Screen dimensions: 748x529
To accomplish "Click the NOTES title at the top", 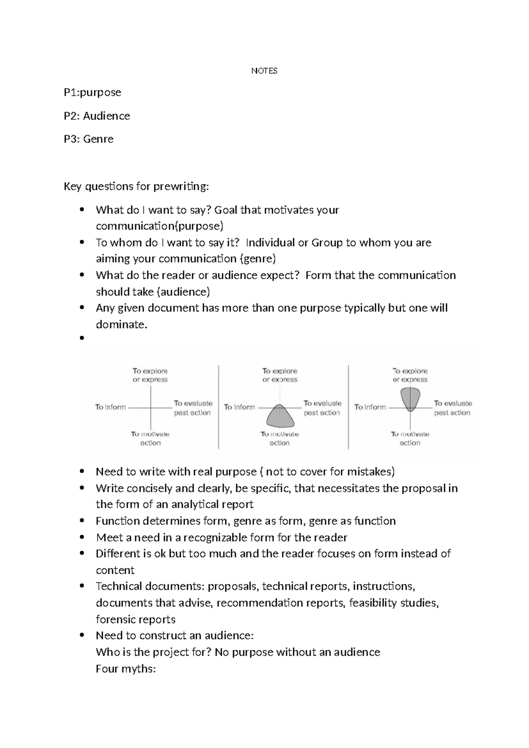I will (x=264, y=71).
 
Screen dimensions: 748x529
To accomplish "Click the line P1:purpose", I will (x=92, y=93).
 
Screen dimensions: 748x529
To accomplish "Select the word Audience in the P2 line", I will (x=106, y=116).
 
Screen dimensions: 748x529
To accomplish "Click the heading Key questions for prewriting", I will (x=136, y=187).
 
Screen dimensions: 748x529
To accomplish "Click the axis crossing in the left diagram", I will (x=151, y=408).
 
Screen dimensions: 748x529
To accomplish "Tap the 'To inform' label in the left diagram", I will (x=110, y=407).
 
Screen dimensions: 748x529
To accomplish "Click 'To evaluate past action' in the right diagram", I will (x=452, y=408).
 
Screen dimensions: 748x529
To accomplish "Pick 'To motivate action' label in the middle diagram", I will (x=279, y=438).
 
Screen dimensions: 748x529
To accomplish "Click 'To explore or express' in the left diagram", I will (x=150, y=375).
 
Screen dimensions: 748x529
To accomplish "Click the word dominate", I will (x=120, y=325).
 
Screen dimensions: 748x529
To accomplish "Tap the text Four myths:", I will (x=126, y=669).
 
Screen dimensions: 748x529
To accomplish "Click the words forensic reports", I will (x=135, y=620).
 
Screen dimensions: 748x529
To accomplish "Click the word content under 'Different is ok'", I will (x=115, y=570).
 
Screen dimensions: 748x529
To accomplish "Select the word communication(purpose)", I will (x=160, y=226).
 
